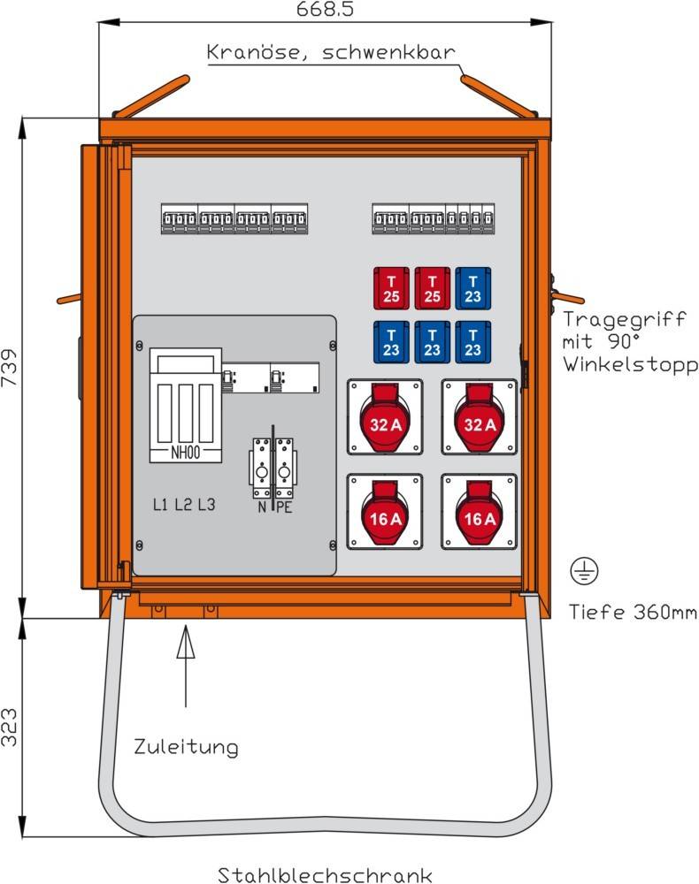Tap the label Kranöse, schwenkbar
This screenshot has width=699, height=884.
click(331, 52)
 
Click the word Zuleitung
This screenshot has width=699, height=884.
click(186, 747)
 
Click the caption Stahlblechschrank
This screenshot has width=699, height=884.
click(326, 875)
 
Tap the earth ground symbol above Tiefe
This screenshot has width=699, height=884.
click(585, 572)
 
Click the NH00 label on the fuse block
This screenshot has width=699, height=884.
click(185, 454)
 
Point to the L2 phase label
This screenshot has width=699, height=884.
click(183, 505)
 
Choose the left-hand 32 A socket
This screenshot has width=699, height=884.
click(385, 417)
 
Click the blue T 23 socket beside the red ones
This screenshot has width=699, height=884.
click(473, 288)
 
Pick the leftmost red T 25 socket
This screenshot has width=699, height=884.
click(391, 288)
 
